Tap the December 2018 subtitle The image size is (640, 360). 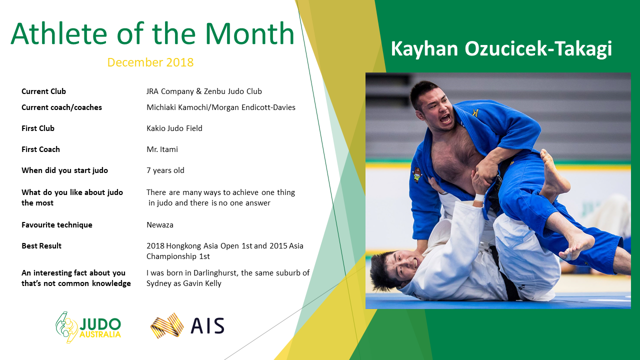point(150,62)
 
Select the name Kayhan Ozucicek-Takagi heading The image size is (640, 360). point(501,49)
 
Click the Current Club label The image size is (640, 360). point(43,91)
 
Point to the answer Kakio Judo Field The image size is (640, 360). point(174,128)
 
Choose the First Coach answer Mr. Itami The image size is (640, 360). point(162,149)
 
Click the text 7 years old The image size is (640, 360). point(165,170)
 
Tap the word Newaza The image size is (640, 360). point(159,225)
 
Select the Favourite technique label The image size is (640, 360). point(57,225)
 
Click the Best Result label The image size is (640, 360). point(41,246)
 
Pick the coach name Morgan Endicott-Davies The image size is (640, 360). point(253,107)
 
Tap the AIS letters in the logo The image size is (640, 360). point(207,325)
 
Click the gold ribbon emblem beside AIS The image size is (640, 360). point(167,325)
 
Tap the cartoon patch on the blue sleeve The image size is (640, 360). point(417,175)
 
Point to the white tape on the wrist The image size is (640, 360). point(479,197)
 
